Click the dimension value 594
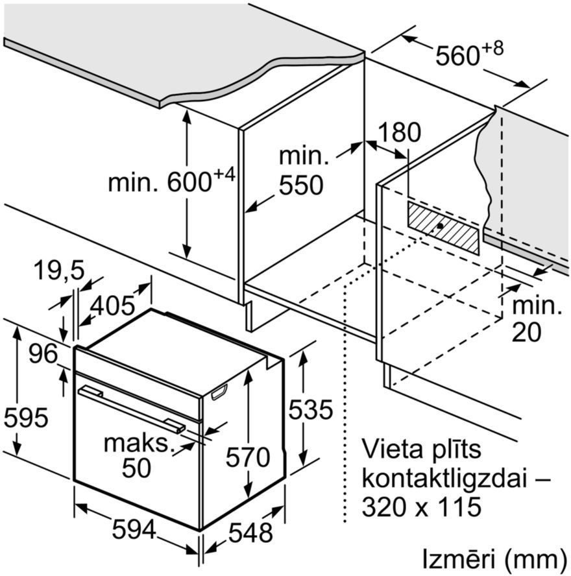click(x=134, y=530)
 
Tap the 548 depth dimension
click(x=250, y=532)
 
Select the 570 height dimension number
click(x=248, y=457)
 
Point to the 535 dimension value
click(x=311, y=409)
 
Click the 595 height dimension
click(x=26, y=418)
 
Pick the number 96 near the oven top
click(x=43, y=354)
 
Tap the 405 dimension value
click(x=113, y=306)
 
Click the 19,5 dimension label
click(x=59, y=270)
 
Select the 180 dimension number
click(x=399, y=132)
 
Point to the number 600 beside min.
click(x=189, y=182)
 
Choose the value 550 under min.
click(x=301, y=185)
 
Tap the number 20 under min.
click(x=526, y=332)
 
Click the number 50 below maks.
click(x=136, y=468)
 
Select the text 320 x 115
click(x=422, y=507)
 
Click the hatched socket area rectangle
click(x=443, y=228)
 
